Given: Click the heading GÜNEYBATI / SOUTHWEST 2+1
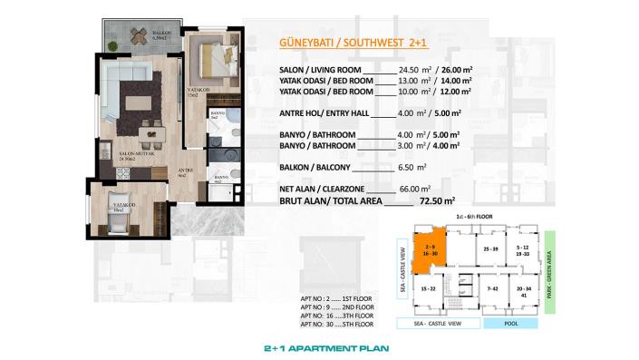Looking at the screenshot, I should point(338,42).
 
